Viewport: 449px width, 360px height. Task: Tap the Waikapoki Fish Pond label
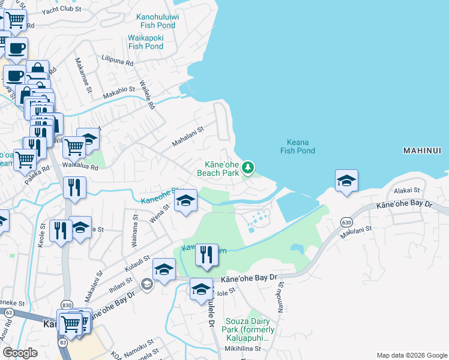coord(146,41)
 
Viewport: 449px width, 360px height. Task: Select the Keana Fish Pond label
coord(298,146)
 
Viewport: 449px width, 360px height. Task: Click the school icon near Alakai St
coord(346,181)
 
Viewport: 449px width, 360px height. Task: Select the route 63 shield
coord(8,312)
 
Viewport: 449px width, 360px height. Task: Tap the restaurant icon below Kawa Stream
coord(206,255)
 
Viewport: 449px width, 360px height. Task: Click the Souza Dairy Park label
coord(250,329)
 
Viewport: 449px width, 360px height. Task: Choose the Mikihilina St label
coord(244,349)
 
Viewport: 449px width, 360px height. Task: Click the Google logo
coord(20,353)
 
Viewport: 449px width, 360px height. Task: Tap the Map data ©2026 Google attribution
coord(411,355)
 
